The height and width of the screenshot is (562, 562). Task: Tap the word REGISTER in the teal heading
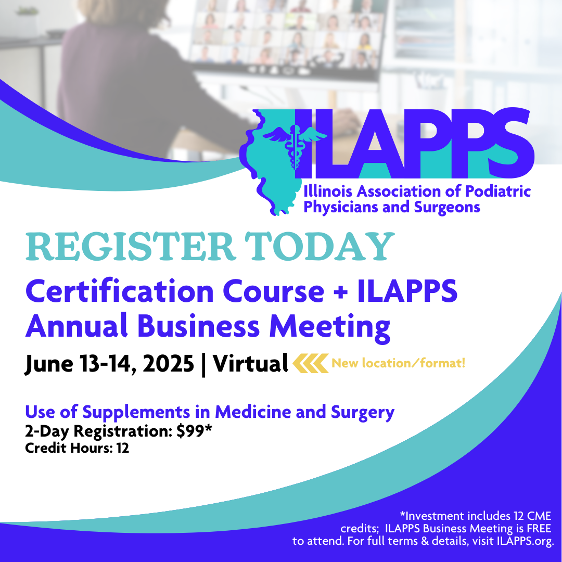pyautogui.click(x=131, y=247)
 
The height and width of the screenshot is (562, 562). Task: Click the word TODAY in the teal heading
pyautogui.click(x=320, y=247)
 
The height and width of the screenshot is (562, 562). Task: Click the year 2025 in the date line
pyautogui.click(x=168, y=363)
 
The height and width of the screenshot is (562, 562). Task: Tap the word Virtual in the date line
pyautogui.click(x=250, y=363)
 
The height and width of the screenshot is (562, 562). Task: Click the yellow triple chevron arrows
pyautogui.click(x=310, y=363)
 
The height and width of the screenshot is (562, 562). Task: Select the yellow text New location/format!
pyautogui.click(x=399, y=363)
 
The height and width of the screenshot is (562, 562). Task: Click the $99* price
pyautogui.click(x=194, y=431)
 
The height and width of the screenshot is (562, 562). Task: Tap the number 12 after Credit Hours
pyautogui.click(x=123, y=448)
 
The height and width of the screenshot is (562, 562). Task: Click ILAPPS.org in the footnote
pyautogui.click(x=526, y=541)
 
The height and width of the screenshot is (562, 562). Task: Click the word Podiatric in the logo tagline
pyautogui.click(x=498, y=191)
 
